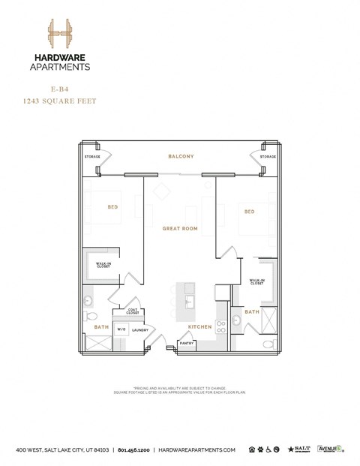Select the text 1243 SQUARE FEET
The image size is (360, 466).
(61, 100)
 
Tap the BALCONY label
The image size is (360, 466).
(181, 156)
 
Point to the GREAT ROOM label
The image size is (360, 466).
(180, 228)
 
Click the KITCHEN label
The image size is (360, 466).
(199, 327)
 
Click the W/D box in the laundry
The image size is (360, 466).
(121, 329)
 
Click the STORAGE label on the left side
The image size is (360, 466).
(92, 157)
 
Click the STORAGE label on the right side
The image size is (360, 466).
(268, 157)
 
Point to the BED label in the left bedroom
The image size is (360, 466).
(112, 206)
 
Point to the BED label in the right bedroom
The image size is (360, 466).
(249, 212)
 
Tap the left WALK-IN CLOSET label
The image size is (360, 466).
(102, 266)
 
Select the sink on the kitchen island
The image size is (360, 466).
(190, 301)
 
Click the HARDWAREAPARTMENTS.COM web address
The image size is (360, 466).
(197, 449)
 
